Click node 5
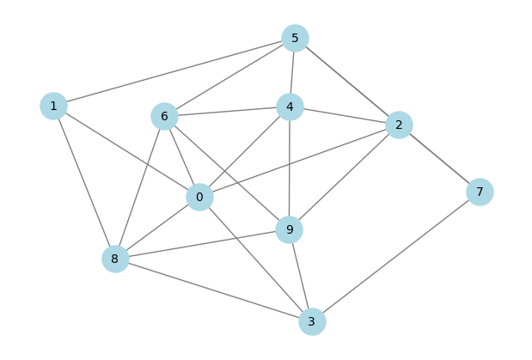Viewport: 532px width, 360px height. (x=295, y=38)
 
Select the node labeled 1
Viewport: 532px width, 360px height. (x=53, y=107)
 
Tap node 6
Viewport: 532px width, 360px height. (x=164, y=116)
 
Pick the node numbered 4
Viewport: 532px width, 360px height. (x=290, y=107)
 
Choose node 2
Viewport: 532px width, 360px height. (x=399, y=125)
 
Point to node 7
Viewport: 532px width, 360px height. (x=480, y=192)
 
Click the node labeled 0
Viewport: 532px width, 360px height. (x=200, y=197)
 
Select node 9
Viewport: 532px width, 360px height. (x=289, y=230)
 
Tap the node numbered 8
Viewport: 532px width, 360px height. (x=115, y=259)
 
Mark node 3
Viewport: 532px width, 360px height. (x=312, y=321)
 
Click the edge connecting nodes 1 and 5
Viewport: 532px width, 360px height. (x=174, y=72)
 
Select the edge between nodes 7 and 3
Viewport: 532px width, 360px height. (x=396, y=257)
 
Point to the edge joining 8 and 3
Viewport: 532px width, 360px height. (x=214, y=290)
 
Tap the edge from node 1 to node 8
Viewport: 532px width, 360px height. (x=84, y=182)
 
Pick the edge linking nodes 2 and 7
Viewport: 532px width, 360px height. (x=439, y=158)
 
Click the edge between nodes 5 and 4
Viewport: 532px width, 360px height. (x=292, y=72)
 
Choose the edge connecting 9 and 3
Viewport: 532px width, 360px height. (x=301, y=276)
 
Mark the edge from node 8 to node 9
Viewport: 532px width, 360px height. (x=202, y=244)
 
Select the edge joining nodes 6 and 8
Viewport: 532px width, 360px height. (x=140, y=187)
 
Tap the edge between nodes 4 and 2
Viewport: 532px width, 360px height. (x=345, y=116)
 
